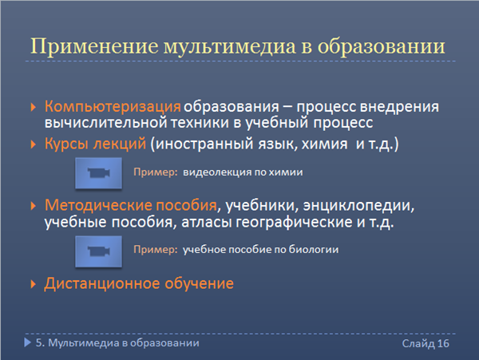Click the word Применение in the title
[95, 46]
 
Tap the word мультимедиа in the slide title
[230, 47]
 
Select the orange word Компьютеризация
[113, 107]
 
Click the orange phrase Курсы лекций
[95, 144]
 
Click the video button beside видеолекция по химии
[99, 173]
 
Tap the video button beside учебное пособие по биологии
[99, 251]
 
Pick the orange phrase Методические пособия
[131, 205]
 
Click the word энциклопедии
[358, 205]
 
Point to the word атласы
[207, 222]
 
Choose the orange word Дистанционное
[102, 283]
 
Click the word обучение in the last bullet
[200, 283]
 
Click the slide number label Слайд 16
[426, 343]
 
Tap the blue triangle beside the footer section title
[27, 342]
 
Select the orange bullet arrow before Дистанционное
[34, 284]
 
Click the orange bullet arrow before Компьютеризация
[34, 107]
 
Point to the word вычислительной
[105, 123]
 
